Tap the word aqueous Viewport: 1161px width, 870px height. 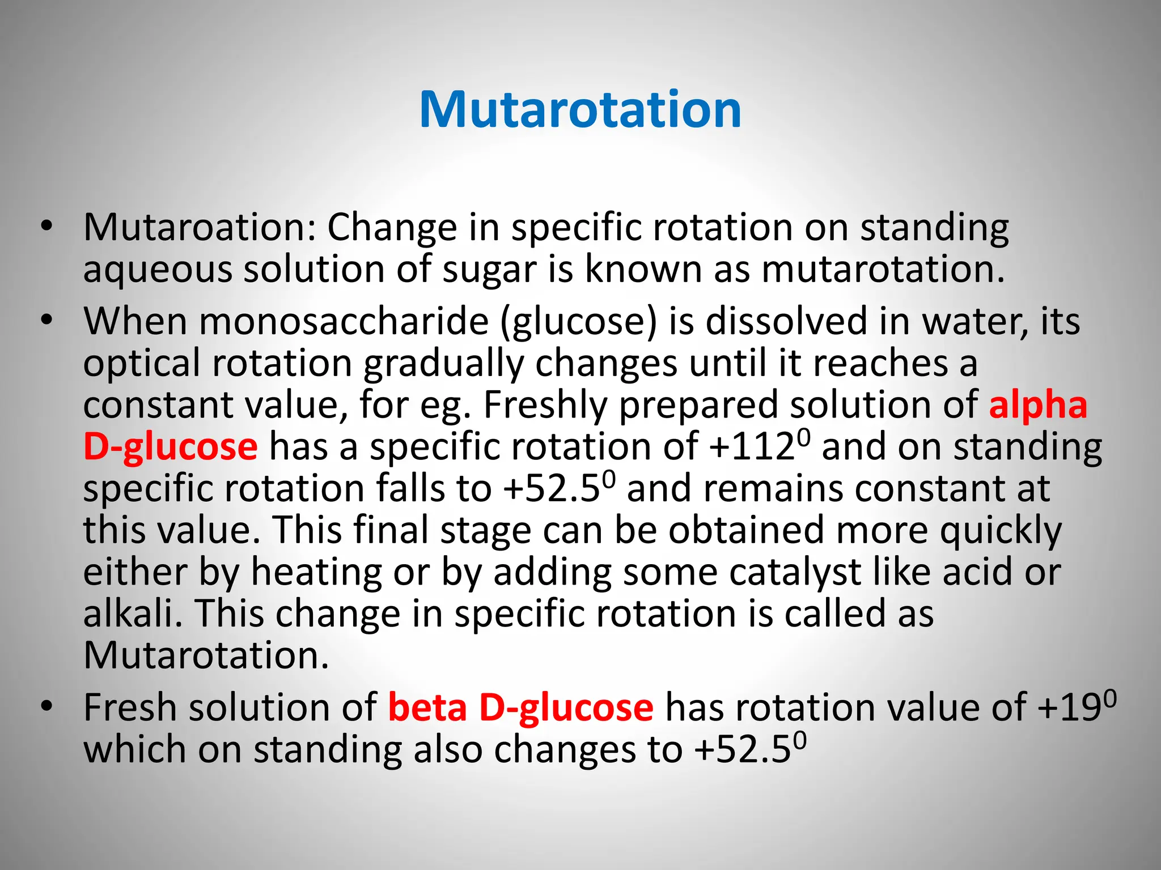pos(158,270)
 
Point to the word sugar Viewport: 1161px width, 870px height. pos(489,270)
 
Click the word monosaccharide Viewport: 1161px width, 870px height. pos(344,321)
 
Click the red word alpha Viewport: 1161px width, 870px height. pos(1037,406)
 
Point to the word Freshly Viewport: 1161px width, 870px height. pos(544,406)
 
